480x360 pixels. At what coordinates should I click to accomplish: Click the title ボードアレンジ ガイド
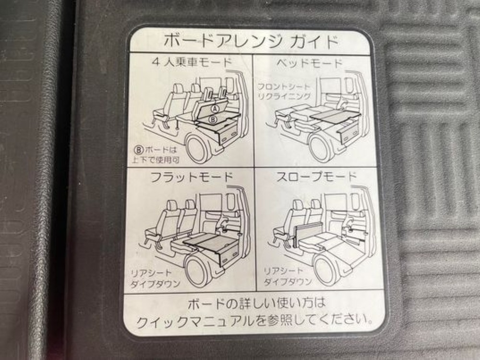coord(251,41)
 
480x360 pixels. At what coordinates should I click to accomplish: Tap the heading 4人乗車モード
coord(192,62)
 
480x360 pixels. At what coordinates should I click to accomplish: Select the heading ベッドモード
coord(309,63)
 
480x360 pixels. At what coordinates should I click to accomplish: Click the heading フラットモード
coord(192,177)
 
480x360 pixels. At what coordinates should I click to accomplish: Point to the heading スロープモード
coord(316,177)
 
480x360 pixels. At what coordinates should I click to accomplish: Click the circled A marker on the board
coord(216,108)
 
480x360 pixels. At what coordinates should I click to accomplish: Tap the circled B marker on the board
coord(214,119)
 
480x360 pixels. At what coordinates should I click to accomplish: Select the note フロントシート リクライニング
coord(284,92)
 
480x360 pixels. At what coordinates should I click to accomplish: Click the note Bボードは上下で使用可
coord(156,155)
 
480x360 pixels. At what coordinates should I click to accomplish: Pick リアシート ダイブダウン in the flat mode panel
coord(155,278)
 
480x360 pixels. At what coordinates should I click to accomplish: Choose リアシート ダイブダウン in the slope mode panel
coord(288,276)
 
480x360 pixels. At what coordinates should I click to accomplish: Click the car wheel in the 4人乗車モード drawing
coord(199,148)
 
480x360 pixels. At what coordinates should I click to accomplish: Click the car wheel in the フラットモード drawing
coord(199,271)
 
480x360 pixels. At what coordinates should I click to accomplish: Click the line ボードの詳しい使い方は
coord(256,304)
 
